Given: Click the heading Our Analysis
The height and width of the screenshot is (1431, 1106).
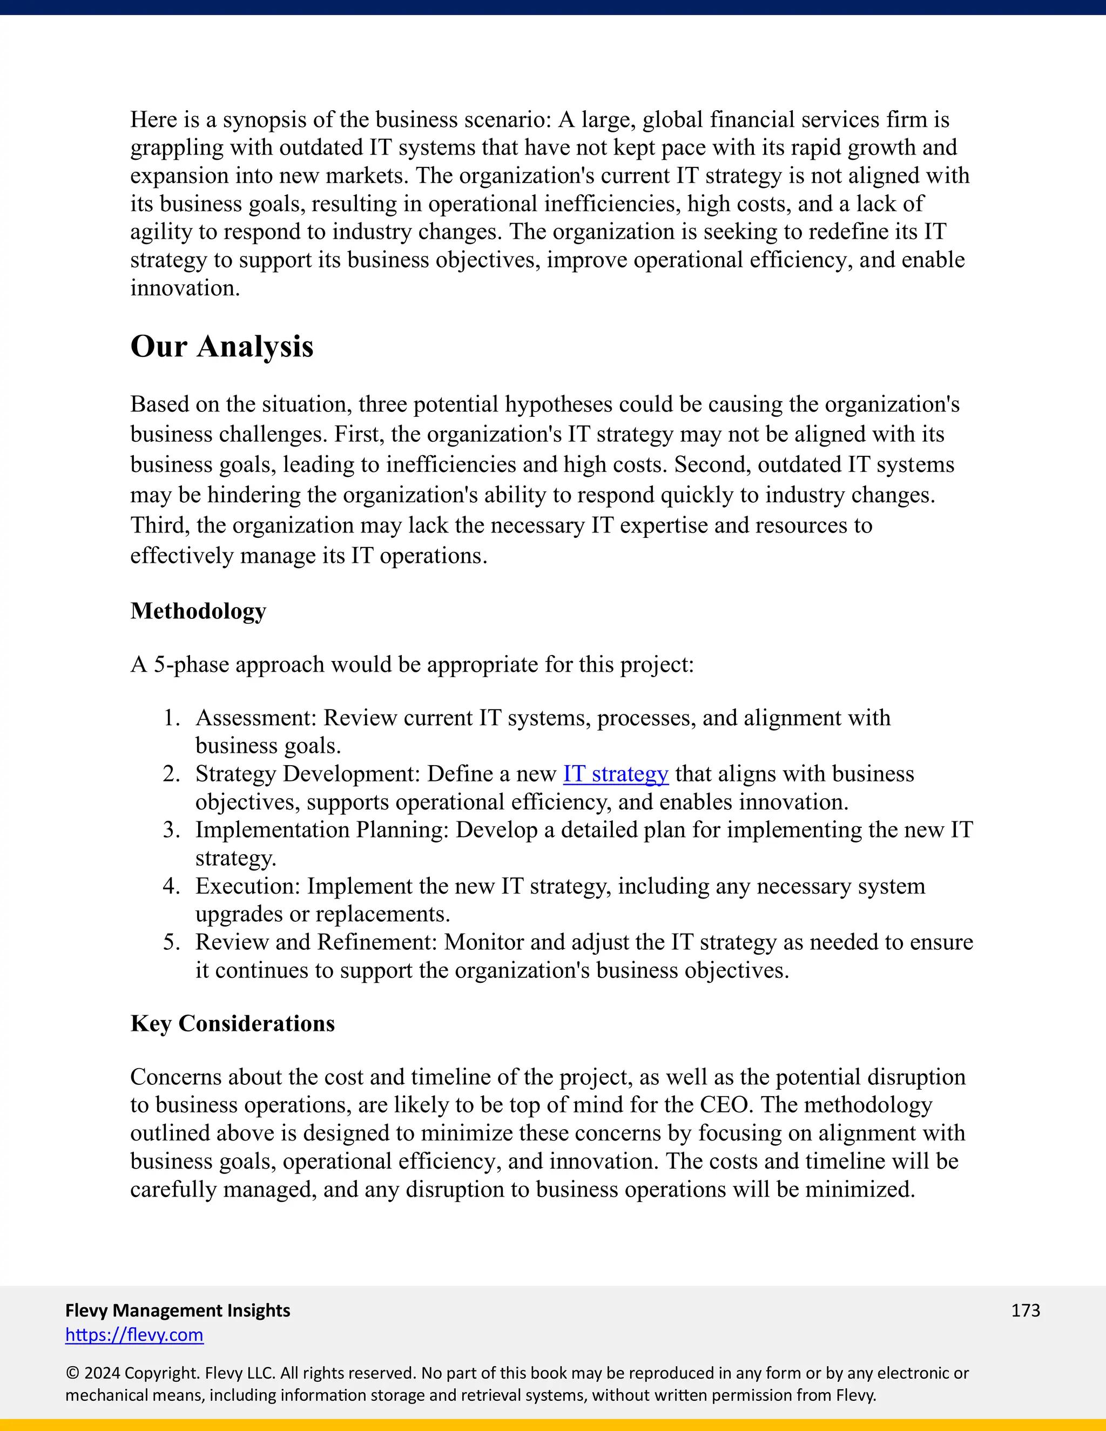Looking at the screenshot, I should (221, 346).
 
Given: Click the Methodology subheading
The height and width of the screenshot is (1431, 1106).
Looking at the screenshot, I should (198, 611).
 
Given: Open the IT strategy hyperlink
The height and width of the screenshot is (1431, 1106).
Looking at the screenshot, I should (615, 774).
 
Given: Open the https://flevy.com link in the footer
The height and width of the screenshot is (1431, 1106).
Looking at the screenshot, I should (134, 1335).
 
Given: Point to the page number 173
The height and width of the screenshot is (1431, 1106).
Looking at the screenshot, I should (1025, 1311).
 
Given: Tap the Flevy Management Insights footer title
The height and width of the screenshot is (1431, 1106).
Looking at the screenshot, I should (178, 1311).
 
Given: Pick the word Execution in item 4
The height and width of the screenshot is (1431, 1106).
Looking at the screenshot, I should (247, 887).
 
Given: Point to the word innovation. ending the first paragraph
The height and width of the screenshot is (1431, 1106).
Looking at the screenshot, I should (185, 288).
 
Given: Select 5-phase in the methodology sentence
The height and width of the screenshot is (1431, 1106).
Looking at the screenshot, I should (191, 665).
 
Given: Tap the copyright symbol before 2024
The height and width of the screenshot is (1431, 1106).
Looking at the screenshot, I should (72, 1373).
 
